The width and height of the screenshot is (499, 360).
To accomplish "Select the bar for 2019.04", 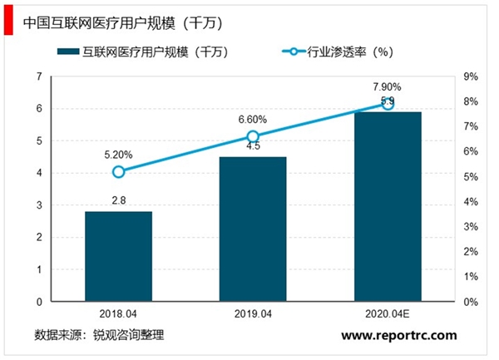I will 253,229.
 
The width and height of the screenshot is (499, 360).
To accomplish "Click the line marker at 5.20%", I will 118,171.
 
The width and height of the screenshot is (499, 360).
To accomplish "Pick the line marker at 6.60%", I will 253,136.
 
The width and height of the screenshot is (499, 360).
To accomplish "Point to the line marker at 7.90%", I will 388,104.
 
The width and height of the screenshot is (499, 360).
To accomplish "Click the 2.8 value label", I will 118,200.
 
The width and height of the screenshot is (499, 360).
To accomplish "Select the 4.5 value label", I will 253,146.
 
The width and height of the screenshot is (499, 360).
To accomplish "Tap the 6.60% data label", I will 253,119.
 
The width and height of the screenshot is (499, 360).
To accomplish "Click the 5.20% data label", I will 118,154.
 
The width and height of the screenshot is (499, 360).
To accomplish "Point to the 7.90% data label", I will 388,86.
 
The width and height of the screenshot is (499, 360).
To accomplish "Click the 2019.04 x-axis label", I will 253,315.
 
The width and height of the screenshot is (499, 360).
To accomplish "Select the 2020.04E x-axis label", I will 388,315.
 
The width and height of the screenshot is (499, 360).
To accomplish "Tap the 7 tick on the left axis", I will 39,76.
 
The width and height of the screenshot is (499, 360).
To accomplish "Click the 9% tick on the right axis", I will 470,76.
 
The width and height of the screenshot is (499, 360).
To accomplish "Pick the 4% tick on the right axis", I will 470,201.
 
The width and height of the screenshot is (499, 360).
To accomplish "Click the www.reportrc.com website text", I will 400,335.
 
